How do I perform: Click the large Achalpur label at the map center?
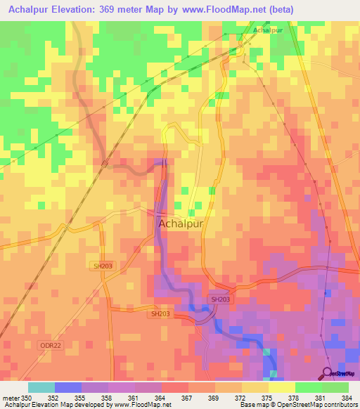click(x=181, y=223)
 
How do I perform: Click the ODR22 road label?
click(x=50, y=345)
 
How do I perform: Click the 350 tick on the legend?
click(x=27, y=398)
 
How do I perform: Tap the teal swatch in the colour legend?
click(x=41, y=387)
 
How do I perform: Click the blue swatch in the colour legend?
click(x=67, y=387)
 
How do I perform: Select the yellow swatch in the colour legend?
click(x=281, y=387)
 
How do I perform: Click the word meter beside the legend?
click(x=11, y=398)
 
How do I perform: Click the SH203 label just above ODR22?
click(x=161, y=314)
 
